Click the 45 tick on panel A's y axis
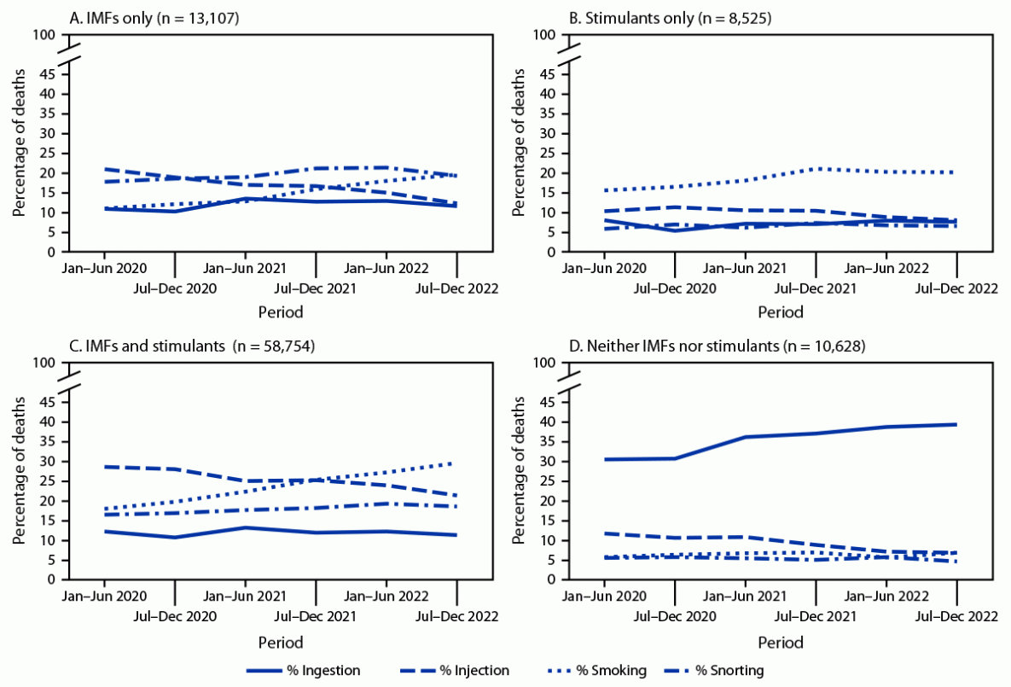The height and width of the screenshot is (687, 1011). click(48, 74)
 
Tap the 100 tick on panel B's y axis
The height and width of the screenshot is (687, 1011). click(543, 35)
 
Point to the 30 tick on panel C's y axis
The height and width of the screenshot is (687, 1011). click(48, 462)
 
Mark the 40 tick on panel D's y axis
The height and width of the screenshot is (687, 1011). click(547, 422)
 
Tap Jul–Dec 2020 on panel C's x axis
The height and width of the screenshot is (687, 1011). click(175, 615)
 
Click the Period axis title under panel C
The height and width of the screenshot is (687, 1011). click(281, 641)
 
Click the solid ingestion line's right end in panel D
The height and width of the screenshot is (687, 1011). click(956, 424)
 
